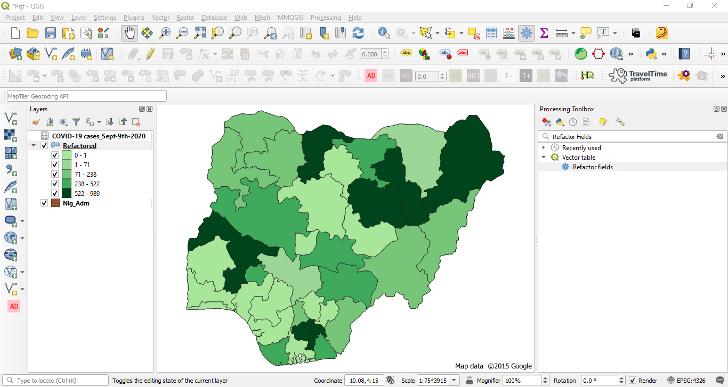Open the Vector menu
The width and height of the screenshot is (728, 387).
(x=160, y=18)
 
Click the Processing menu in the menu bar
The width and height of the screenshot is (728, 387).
(x=325, y=18)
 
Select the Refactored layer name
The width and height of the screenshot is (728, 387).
(x=79, y=145)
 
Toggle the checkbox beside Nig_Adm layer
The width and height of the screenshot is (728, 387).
(x=44, y=203)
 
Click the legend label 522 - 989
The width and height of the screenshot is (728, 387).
(x=87, y=193)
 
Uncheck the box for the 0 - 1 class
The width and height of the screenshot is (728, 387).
(x=55, y=155)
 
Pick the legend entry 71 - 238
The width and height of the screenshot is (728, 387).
(x=85, y=174)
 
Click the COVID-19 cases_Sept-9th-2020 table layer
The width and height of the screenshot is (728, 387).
(x=98, y=136)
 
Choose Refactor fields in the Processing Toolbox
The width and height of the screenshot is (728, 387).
(x=593, y=167)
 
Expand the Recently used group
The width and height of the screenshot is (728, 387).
(x=544, y=148)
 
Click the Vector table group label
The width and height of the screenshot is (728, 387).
(x=578, y=158)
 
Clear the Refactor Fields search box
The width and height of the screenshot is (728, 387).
(x=720, y=137)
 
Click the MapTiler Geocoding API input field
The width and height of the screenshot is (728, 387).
(x=86, y=96)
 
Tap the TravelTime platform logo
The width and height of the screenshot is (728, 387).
(x=638, y=76)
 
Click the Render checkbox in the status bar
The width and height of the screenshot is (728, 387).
(x=633, y=381)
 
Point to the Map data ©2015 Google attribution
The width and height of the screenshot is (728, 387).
(x=493, y=366)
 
